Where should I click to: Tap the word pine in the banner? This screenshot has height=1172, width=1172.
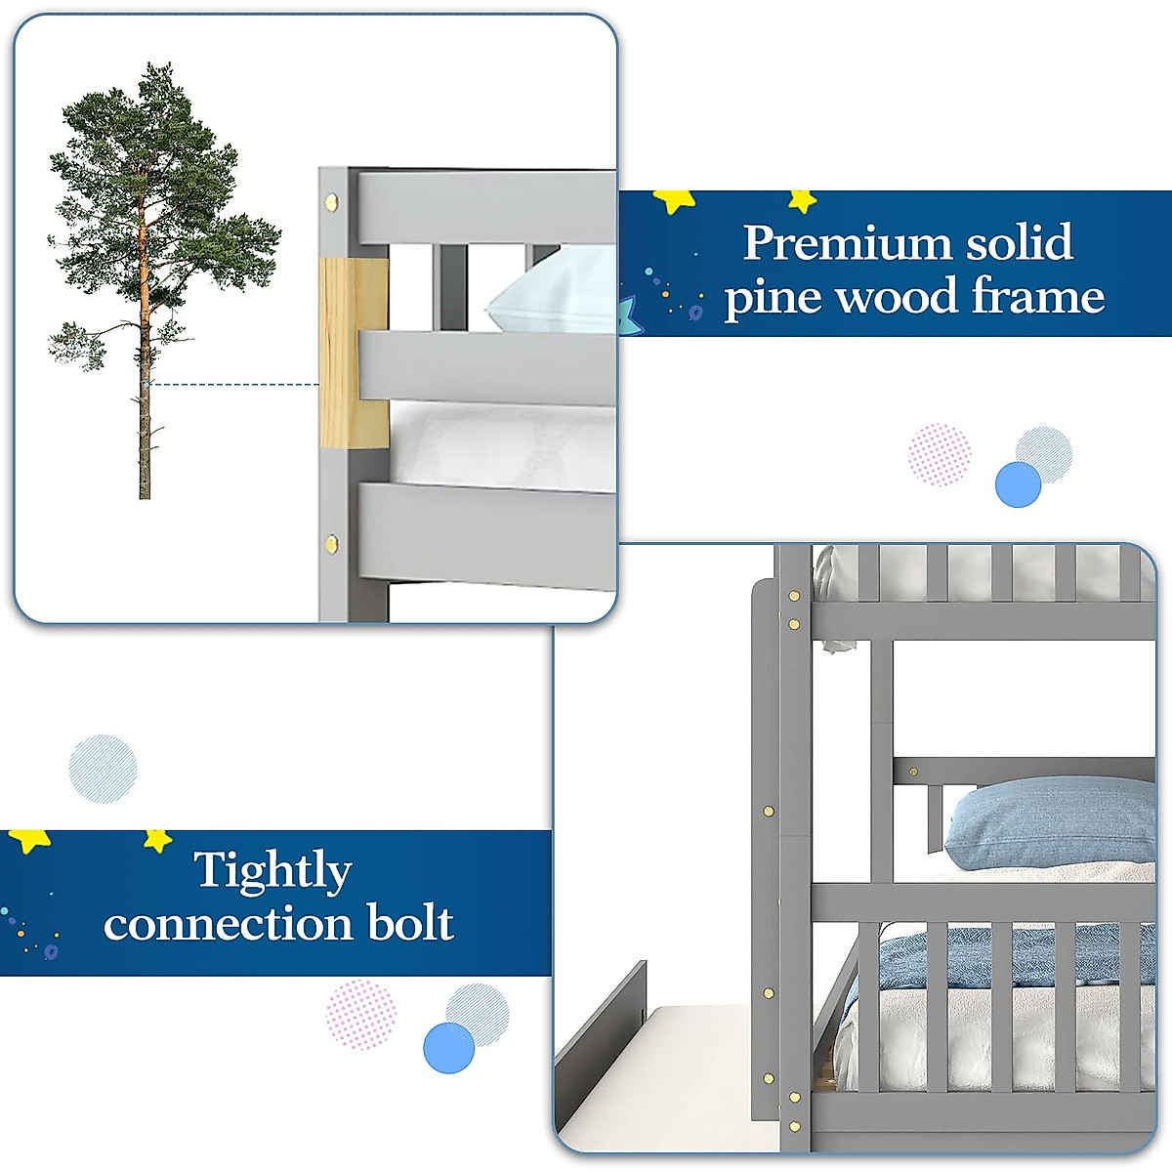tap(771, 298)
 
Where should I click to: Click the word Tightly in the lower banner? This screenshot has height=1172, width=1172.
tap(272, 869)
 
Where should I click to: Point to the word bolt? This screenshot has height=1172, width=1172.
tap(410, 923)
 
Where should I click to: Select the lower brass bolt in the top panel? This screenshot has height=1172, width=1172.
tap(333, 543)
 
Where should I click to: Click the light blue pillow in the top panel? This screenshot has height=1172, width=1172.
tap(552, 293)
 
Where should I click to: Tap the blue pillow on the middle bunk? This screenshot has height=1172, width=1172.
tap(1050, 820)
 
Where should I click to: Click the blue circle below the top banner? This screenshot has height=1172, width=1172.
tap(1018, 484)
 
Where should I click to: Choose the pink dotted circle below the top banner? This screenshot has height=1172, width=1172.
tap(940, 454)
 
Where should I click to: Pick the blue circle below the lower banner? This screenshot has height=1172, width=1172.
tap(448, 1047)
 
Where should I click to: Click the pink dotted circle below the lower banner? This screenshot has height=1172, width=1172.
tap(360, 1015)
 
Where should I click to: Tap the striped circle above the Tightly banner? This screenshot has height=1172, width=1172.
tap(103, 769)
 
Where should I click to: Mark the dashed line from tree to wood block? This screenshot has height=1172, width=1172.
tap(234, 384)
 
